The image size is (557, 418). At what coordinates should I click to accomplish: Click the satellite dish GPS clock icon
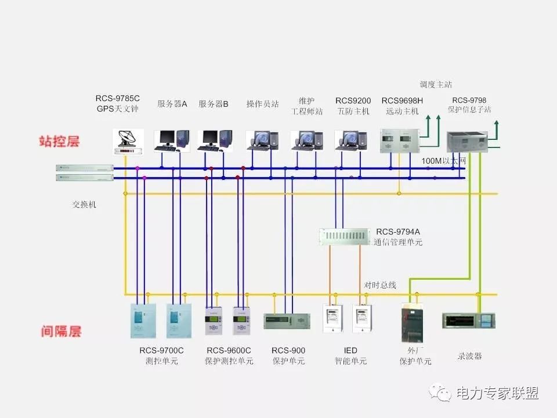128,141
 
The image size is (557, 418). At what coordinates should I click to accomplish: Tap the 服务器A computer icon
172,140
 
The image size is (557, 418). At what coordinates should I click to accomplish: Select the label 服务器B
214,104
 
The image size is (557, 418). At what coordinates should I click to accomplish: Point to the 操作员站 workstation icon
262,140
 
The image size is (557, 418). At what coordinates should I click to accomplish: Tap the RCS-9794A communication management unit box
344,236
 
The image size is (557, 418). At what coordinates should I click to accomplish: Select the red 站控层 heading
59,141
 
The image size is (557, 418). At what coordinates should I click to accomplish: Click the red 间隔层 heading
61,331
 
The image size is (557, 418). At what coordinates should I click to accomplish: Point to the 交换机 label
85,204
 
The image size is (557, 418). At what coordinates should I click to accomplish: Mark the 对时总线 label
380,285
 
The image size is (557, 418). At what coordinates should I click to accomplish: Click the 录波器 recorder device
468,320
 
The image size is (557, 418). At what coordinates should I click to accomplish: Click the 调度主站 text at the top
436,85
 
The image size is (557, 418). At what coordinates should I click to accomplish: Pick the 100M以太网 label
444,160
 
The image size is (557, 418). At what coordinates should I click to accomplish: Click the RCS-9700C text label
161,350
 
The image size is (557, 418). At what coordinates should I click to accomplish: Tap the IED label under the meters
350,350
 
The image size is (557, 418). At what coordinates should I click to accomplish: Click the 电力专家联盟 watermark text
497,393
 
